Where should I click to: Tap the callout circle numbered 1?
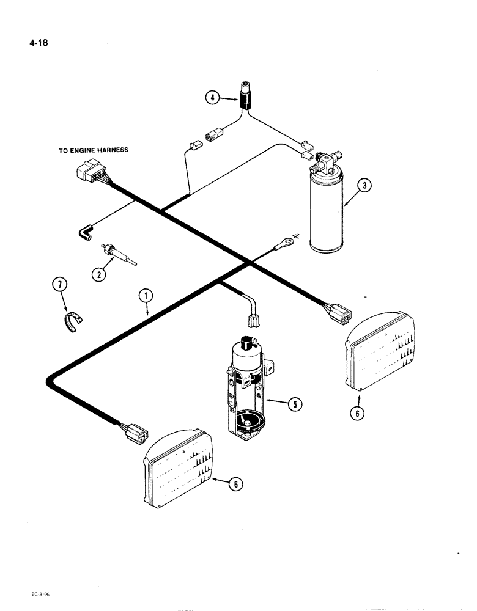(145, 296)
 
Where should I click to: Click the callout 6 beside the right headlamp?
(358, 414)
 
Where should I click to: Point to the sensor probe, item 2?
(119, 252)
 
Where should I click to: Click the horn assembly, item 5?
(245, 391)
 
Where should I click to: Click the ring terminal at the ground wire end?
(283, 245)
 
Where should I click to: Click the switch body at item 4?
(246, 95)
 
